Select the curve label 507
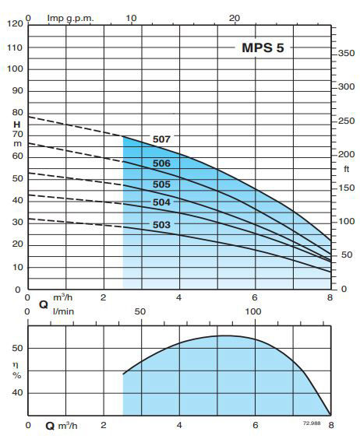161,139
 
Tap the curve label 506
161,163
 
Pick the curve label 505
161,184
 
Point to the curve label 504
161,202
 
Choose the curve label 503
161,225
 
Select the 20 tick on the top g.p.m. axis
234,16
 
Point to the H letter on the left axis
16,125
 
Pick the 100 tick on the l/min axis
253,311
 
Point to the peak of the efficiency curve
225,335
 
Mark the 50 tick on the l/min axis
141,311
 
